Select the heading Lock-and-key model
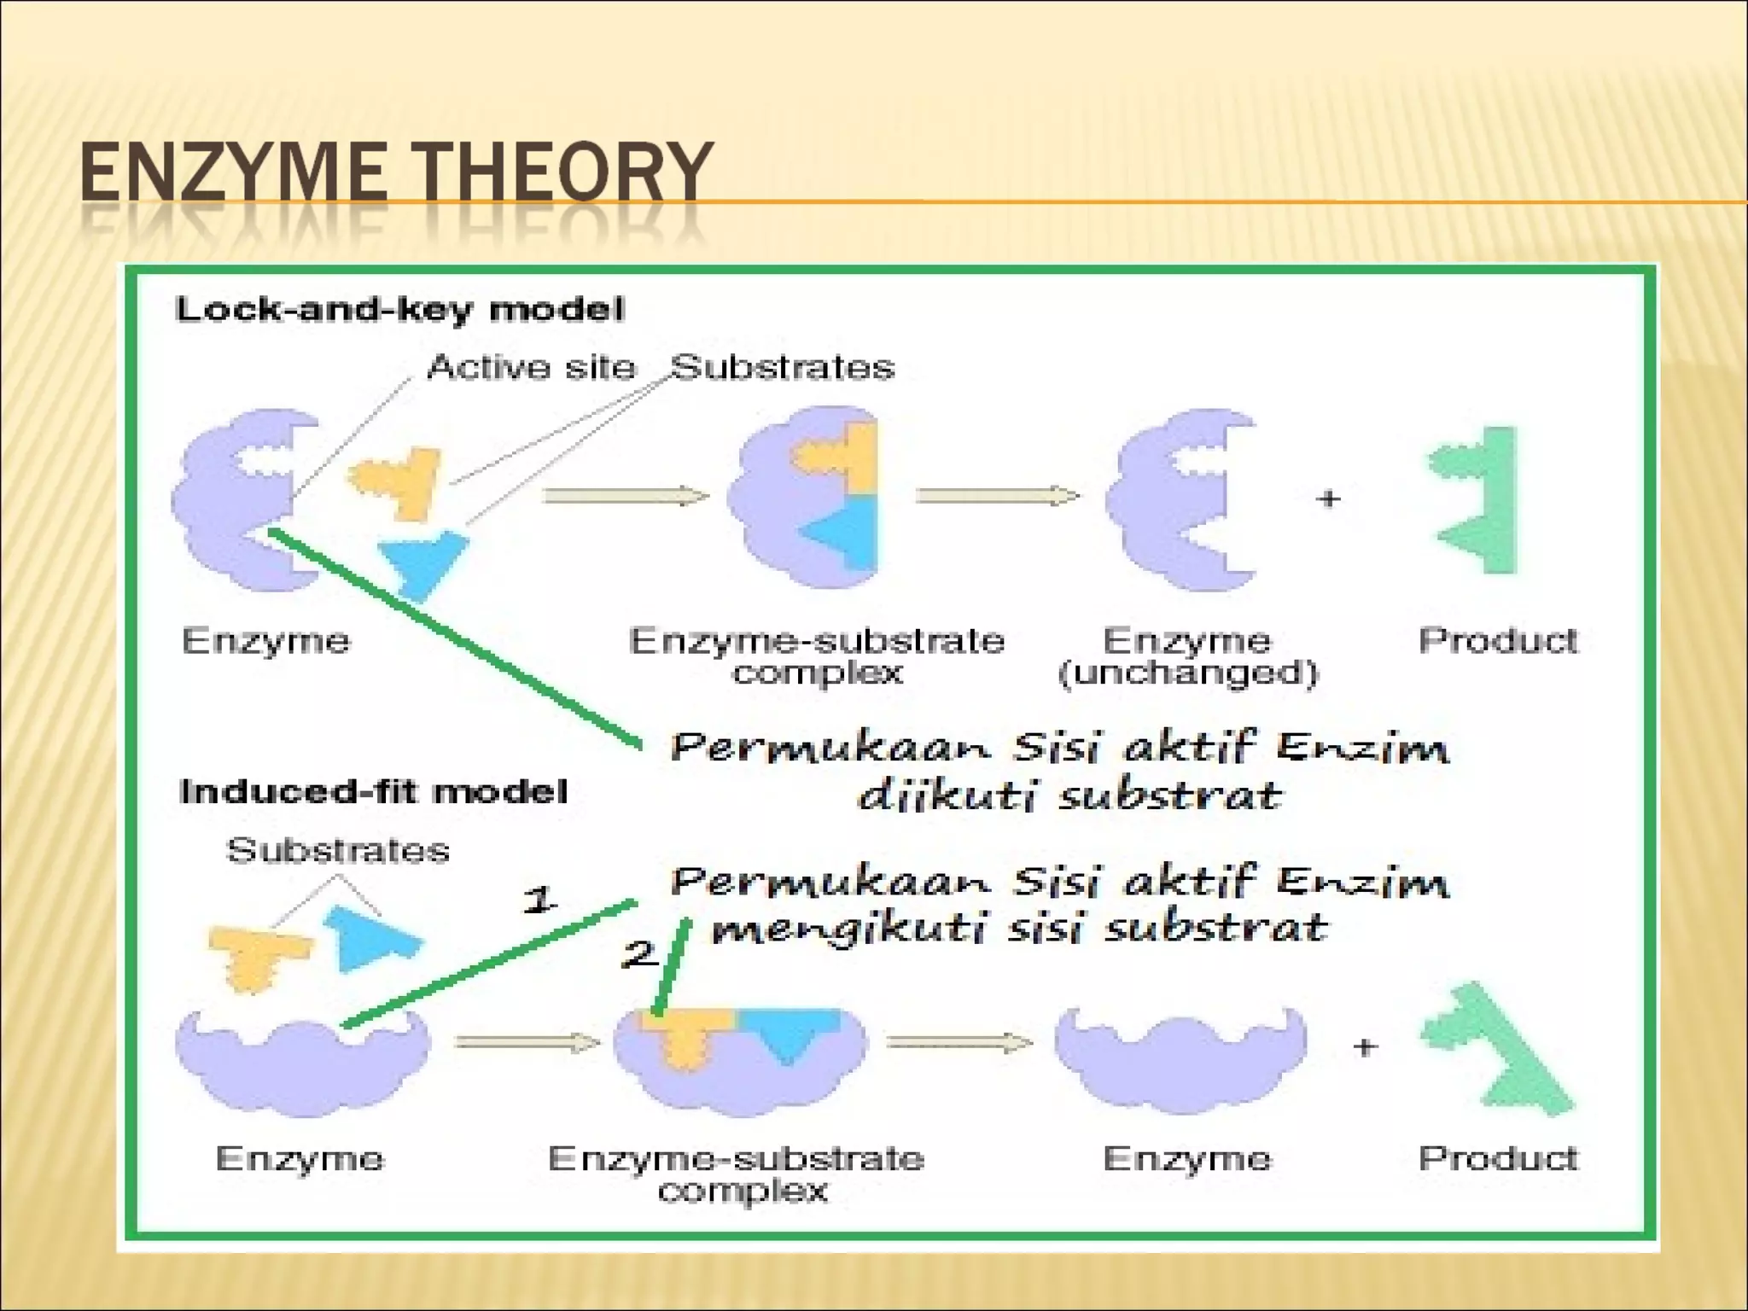point(399,309)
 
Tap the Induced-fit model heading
point(373,791)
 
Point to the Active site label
point(531,367)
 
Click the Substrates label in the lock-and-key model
point(782,367)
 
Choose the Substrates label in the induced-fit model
point(337,850)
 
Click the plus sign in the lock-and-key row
point(1328,498)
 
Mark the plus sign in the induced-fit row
point(1365,1046)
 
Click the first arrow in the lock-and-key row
point(626,496)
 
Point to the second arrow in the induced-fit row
point(958,1042)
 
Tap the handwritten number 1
point(539,900)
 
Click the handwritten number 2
point(638,953)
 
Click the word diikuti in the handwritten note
point(947,795)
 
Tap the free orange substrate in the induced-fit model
point(258,956)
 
